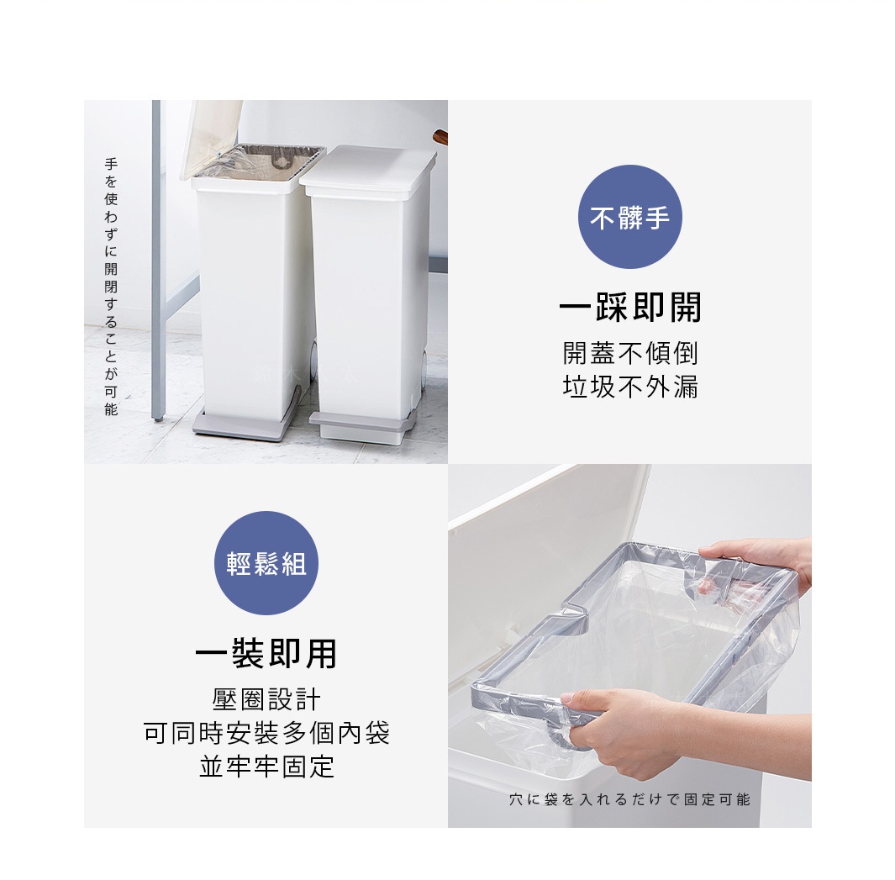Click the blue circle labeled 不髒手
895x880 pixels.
[x=629, y=217]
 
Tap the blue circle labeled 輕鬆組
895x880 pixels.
[x=266, y=563]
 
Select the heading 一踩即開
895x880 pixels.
[x=630, y=308]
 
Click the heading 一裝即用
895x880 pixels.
[x=266, y=653]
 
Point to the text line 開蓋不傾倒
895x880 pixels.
[x=630, y=353]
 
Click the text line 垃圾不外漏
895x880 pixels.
[x=630, y=387]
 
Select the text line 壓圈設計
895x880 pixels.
[x=266, y=699]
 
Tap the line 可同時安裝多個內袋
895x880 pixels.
[x=266, y=733]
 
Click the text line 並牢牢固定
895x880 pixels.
[x=266, y=767]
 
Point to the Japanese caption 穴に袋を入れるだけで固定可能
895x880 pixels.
[x=629, y=799]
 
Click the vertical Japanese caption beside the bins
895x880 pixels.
[x=111, y=287]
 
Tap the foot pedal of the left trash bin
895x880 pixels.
[x=245, y=424]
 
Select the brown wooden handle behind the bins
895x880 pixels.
[x=440, y=136]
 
